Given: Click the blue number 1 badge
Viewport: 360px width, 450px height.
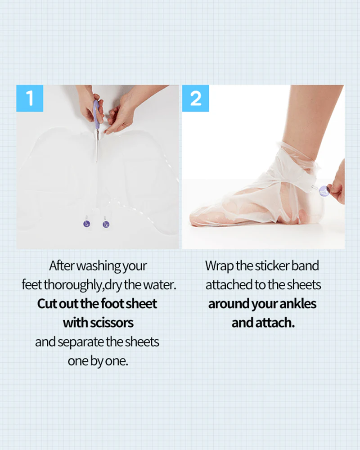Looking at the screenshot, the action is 30,98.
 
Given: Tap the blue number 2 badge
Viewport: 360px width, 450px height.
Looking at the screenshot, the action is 195,98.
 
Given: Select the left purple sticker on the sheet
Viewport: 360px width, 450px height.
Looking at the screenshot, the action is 87,224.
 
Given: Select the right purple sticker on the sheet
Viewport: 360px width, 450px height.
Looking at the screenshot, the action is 106,224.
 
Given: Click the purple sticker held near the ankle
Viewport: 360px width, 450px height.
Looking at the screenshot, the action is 324,191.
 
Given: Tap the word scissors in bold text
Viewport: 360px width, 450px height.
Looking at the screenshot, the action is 112,323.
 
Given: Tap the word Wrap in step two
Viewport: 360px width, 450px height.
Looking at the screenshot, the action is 220,266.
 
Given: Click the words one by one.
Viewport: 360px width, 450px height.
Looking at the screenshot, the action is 98,361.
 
